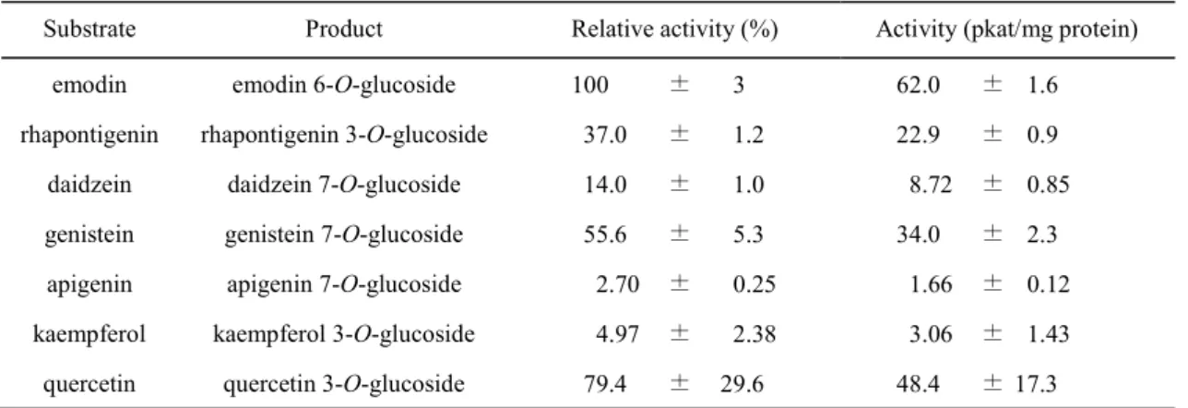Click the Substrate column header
click(89, 29)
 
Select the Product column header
click(344, 29)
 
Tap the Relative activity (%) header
click(674, 30)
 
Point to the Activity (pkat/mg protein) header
click(1006, 30)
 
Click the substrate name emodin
click(89, 85)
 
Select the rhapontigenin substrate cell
click(89, 135)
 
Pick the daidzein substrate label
click(89, 184)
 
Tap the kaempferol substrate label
click(89, 334)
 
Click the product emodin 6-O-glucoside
click(344, 85)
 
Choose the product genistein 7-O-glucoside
click(344, 234)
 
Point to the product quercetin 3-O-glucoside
click(344, 384)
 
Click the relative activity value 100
click(589, 85)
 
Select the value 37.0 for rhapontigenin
click(605, 135)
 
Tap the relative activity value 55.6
click(605, 234)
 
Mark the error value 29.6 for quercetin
click(742, 384)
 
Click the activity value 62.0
click(918, 85)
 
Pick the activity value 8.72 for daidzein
click(931, 185)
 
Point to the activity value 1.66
click(931, 284)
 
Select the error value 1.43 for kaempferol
click(1048, 334)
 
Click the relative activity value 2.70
click(617, 284)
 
